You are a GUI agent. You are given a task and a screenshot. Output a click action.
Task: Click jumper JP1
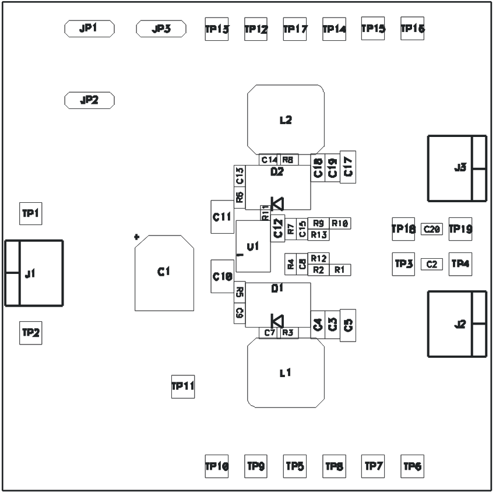click(x=89, y=29)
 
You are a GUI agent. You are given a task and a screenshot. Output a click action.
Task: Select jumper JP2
click(x=89, y=100)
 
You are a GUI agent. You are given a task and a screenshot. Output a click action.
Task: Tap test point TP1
click(x=30, y=214)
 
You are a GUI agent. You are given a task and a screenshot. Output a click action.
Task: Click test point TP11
click(x=182, y=386)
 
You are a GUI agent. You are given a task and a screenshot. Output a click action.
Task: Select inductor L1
click(x=286, y=373)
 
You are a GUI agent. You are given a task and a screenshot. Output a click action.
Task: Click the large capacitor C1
click(x=164, y=272)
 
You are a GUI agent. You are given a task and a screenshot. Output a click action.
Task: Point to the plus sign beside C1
click(x=136, y=237)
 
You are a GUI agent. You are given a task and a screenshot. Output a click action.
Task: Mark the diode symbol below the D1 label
click(x=277, y=321)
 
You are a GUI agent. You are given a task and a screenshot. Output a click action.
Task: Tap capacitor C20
click(x=432, y=230)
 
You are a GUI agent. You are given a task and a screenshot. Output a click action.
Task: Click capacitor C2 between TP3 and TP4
click(x=432, y=264)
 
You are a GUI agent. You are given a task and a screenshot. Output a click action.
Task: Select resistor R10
click(x=340, y=223)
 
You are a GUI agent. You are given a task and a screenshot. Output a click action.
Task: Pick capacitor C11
click(x=222, y=217)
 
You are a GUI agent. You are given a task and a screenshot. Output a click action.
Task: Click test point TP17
click(x=295, y=29)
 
